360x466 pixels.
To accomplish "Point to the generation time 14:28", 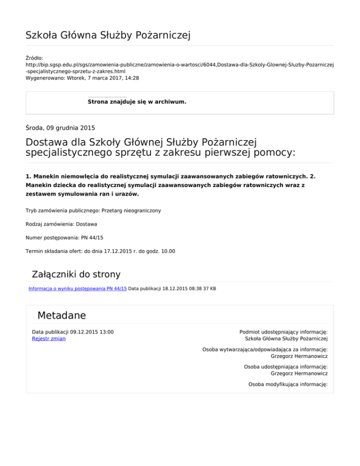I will tap(131, 78).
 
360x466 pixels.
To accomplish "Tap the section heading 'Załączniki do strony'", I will tap(75, 274).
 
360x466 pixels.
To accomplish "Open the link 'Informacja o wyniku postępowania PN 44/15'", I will tap(77, 288).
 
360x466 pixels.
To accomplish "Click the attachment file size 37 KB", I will tap(210, 288).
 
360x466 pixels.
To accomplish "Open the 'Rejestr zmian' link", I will tap(49, 338).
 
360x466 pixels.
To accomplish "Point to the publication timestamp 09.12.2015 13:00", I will tap(90, 331).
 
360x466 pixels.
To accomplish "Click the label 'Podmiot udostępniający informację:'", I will tap(283, 331).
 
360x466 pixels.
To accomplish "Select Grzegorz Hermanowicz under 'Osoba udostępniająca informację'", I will tap(299, 373).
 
